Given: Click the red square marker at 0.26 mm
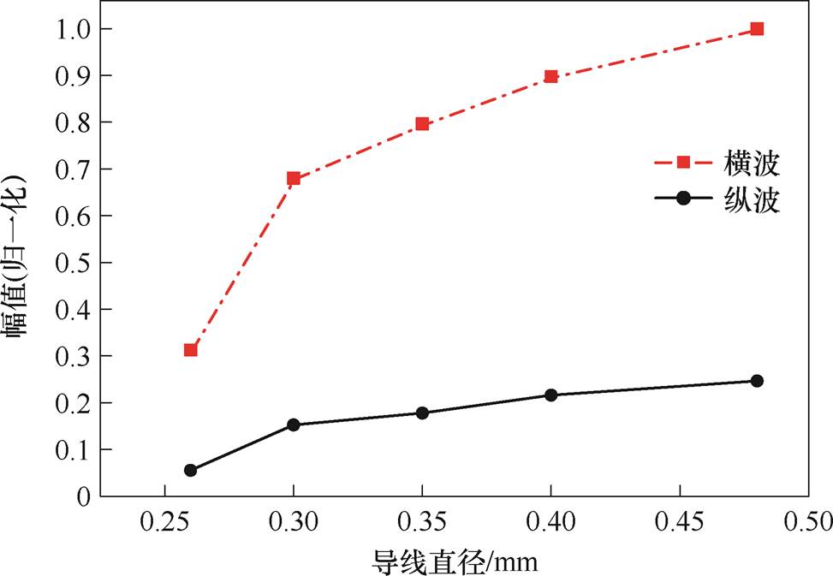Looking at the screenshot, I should tap(191, 350).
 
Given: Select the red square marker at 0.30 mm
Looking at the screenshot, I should tap(294, 179).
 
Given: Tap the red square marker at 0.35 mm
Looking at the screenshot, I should tap(422, 124).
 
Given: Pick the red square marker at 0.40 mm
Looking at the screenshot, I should tap(550, 76).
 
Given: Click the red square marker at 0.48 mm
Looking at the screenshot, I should tap(757, 29).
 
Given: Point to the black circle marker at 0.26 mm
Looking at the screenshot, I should tap(191, 470).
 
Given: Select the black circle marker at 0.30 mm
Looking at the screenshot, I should tap(294, 425).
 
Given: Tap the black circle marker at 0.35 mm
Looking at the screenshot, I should tap(422, 413).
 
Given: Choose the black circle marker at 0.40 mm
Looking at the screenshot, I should tap(550, 395).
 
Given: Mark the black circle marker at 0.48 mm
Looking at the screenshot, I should tap(757, 381).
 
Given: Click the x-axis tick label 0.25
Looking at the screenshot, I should tap(164, 521).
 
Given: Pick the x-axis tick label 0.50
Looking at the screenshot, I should tap(808, 521).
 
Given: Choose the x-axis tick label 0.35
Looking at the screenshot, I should tap(422, 521).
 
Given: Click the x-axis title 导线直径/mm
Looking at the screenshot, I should tap(455, 561).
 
